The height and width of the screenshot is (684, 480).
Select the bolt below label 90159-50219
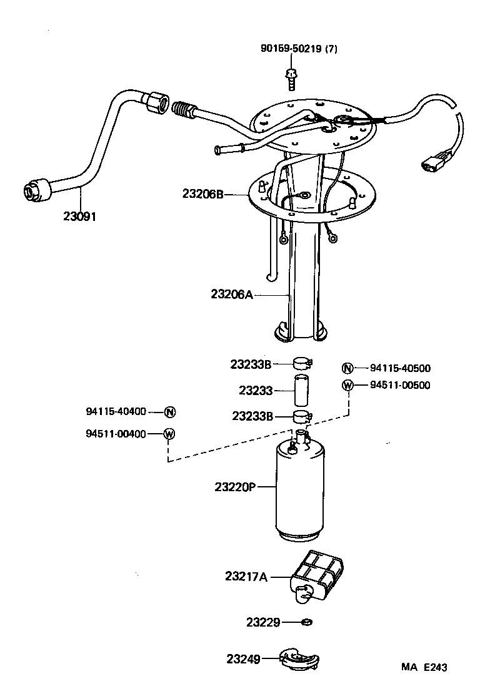[x=291, y=77]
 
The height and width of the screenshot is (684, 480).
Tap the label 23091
[x=79, y=217]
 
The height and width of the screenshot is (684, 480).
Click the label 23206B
[x=203, y=193]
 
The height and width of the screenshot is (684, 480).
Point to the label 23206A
[x=232, y=293]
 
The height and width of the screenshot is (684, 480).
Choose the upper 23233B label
[x=251, y=364]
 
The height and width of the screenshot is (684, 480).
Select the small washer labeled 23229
[x=306, y=622]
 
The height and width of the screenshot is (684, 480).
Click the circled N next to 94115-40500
[x=348, y=368]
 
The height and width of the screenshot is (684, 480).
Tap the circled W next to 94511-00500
[x=348, y=385]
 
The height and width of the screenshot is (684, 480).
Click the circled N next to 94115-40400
[x=169, y=412]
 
